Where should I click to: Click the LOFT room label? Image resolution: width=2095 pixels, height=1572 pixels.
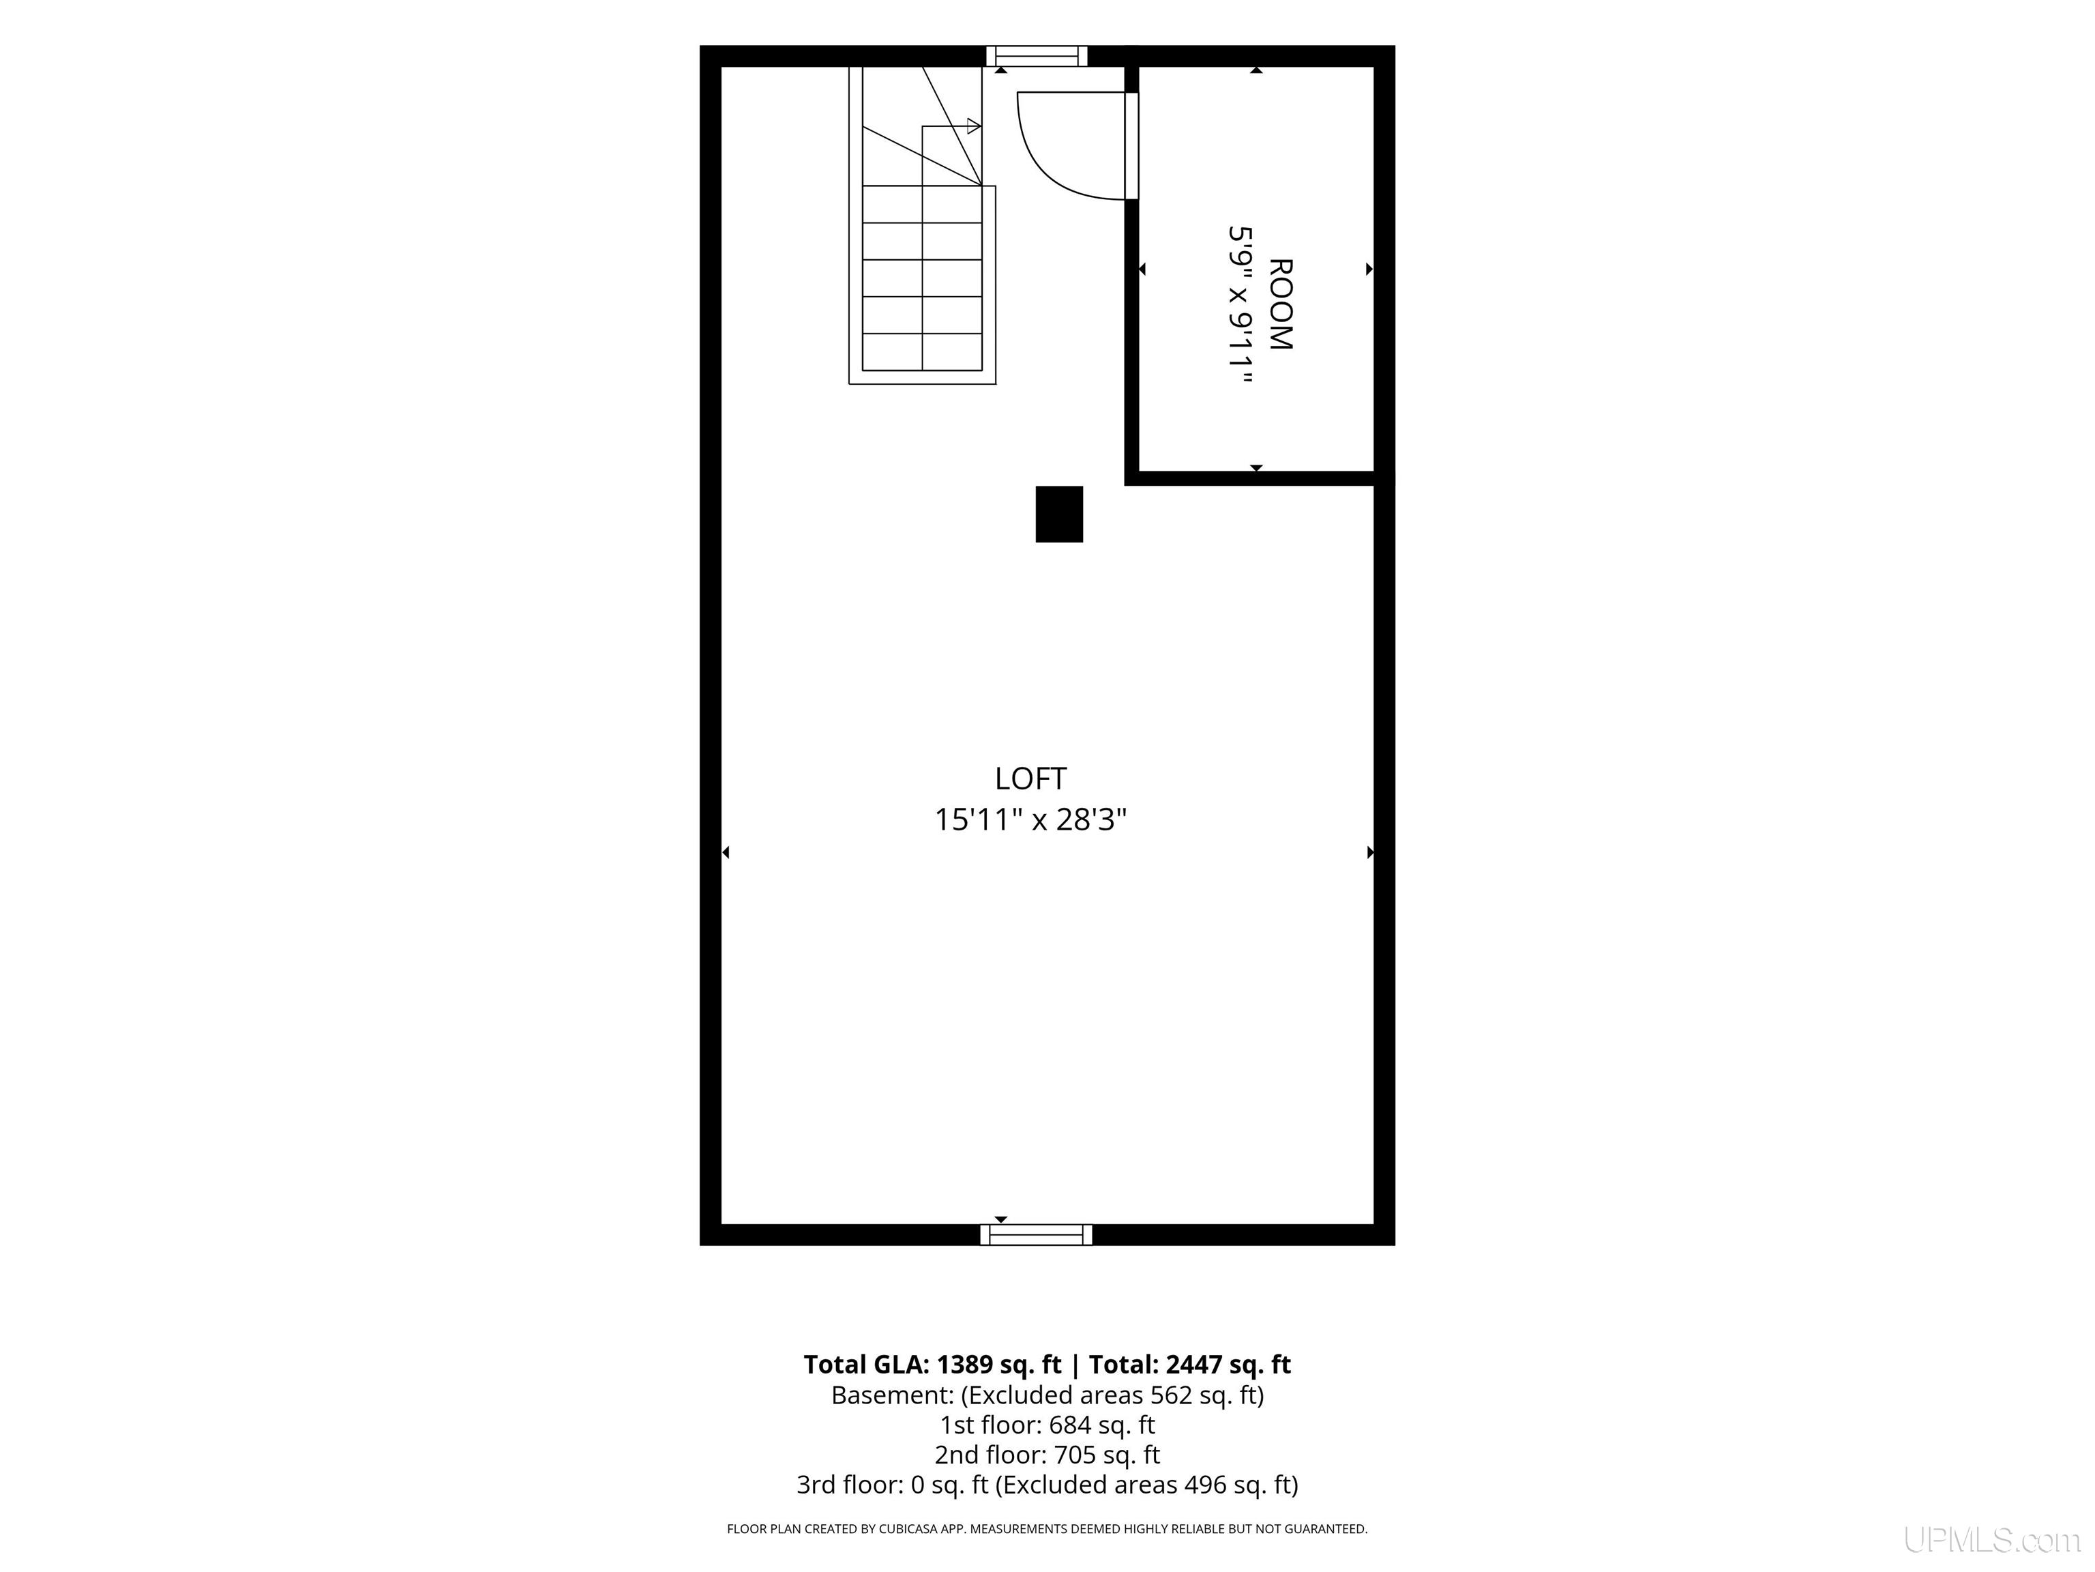1030,779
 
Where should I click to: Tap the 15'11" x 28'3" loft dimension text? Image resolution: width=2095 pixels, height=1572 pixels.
1030,819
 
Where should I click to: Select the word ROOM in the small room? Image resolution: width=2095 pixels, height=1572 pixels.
1279,304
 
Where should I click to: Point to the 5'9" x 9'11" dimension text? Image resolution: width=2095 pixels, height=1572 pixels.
1240,305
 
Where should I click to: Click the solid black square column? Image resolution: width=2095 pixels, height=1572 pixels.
1059,514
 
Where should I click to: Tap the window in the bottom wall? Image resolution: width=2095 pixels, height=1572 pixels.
1036,1235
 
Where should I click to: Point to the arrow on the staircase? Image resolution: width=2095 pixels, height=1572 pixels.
951,126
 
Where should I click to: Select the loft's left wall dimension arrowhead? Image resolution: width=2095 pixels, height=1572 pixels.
726,853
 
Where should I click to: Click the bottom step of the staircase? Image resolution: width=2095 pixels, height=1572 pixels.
921,351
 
